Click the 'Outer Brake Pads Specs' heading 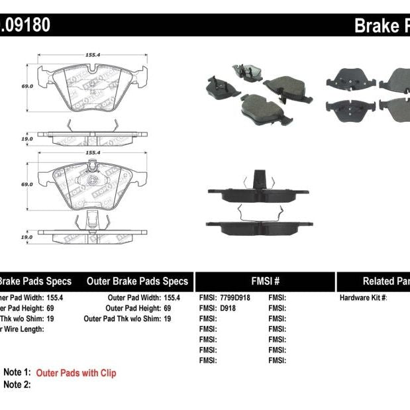[x=137, y=281]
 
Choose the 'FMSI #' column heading [x=264, y=281]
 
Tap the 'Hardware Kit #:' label [x=363, y=298]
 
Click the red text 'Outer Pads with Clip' [x=76, y=373]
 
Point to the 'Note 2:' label [x=17, y=384]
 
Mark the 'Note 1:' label [x=17, y=373]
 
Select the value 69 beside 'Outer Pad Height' [x=167, y=308]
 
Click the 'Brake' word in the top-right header [x=374, y=25]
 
